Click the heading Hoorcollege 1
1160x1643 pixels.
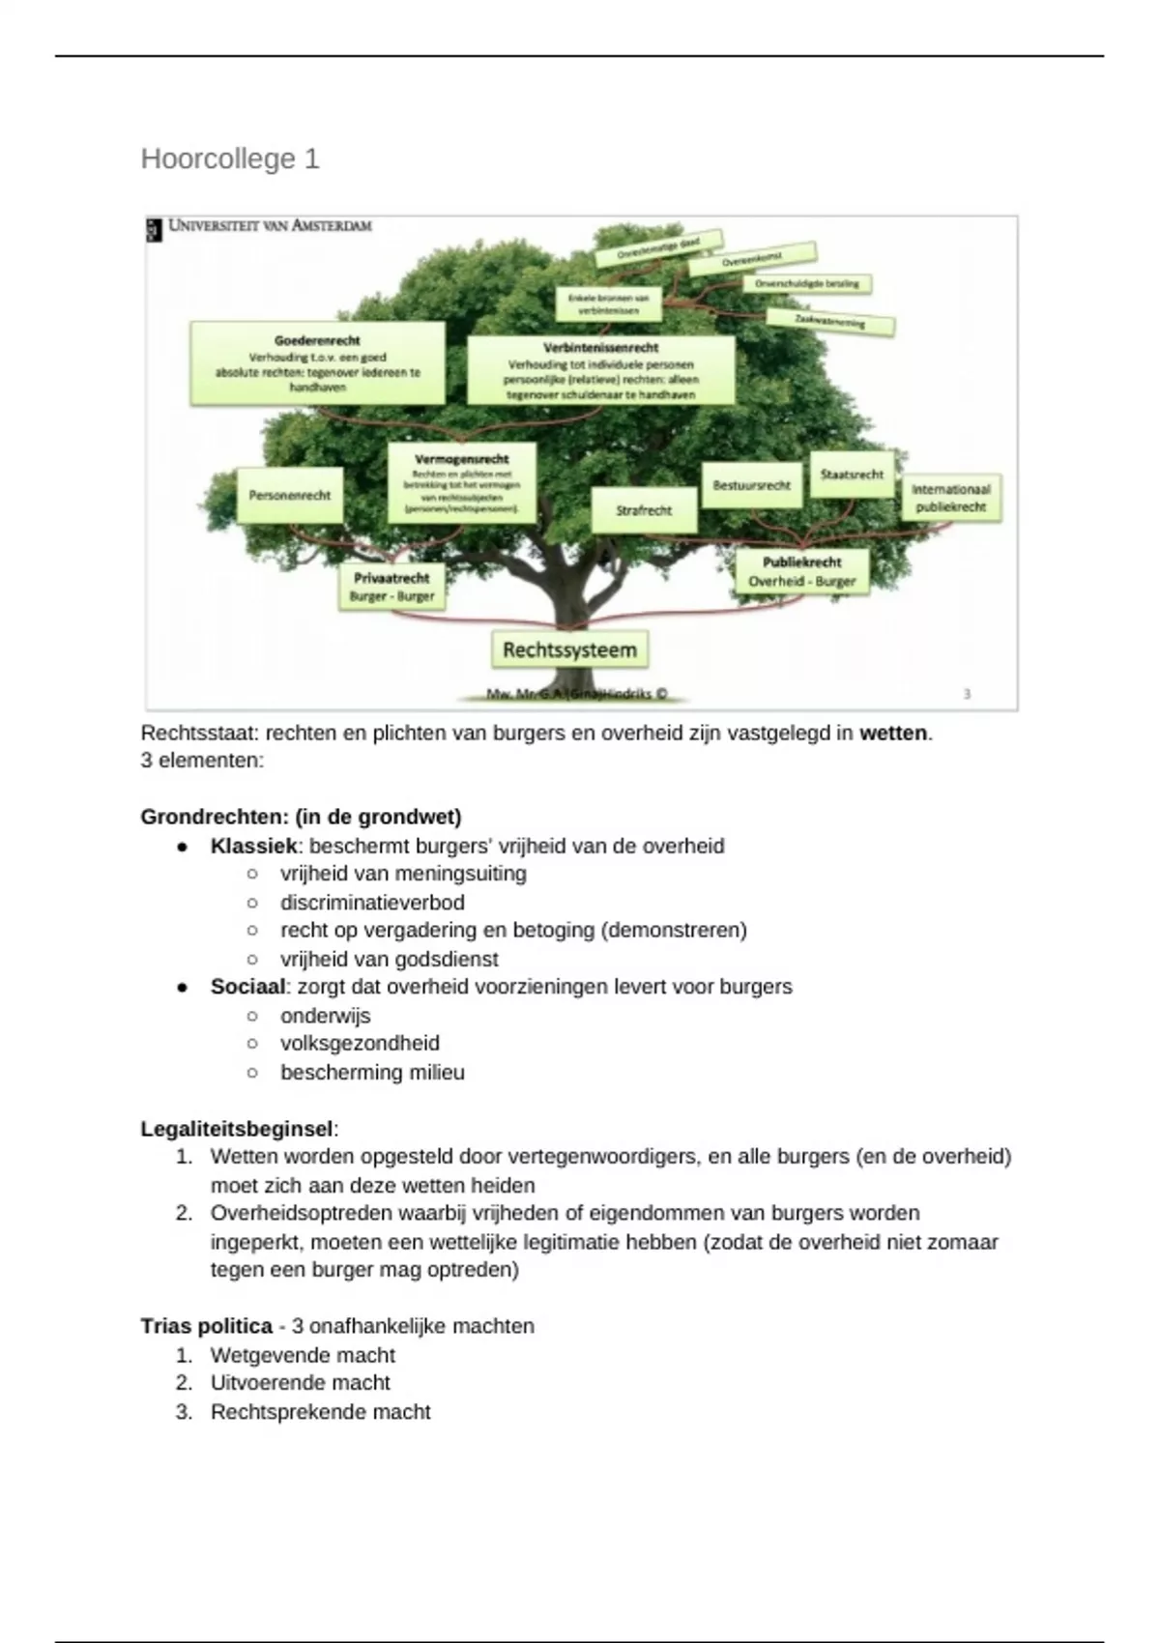(230, 159)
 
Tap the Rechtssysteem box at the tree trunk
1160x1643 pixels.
(569, 650)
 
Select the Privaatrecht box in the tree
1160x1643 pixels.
(391, 587)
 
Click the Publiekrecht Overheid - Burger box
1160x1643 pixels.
(801, 572)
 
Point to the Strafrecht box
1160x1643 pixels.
(644, 509)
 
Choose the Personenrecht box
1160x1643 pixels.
(289, 495)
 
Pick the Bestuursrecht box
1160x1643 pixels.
(751, 485)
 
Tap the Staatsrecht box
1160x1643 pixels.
(852, 475)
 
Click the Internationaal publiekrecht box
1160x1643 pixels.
(950, 498)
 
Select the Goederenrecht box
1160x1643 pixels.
(317, 363)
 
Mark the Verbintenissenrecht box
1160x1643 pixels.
(600, 370)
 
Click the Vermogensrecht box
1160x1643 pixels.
(461, 482)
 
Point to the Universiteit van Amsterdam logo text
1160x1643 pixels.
(269, 226)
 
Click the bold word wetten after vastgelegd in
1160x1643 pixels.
(893, 734)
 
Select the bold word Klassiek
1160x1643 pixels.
(253, 847)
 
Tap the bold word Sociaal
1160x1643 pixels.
(247, 987)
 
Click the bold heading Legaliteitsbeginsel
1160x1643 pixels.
(237, 1129)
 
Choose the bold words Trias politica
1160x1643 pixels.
(206, 1326)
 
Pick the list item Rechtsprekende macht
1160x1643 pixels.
(320, 1412)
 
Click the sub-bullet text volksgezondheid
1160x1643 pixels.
(360, 1044)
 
